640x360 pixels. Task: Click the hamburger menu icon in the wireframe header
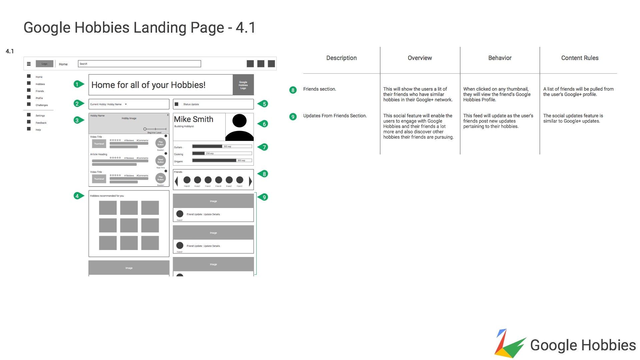29,64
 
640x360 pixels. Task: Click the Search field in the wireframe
139,64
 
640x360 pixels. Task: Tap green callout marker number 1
78,84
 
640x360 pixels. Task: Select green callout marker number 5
264,104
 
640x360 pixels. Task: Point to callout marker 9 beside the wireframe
264,197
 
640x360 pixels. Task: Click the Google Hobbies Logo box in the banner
243,85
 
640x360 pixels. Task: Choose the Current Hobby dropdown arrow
126,104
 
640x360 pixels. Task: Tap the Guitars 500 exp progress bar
222,146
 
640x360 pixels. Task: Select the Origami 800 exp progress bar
222,160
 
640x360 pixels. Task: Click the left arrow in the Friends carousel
176,181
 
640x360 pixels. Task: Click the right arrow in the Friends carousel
250,181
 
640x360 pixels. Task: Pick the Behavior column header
500,58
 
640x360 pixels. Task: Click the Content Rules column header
580,58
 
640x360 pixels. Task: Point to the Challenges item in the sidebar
42,105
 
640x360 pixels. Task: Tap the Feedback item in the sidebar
41,123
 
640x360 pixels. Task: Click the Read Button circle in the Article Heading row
161,161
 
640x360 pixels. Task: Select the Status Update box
213,104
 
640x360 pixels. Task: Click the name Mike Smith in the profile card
194,119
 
